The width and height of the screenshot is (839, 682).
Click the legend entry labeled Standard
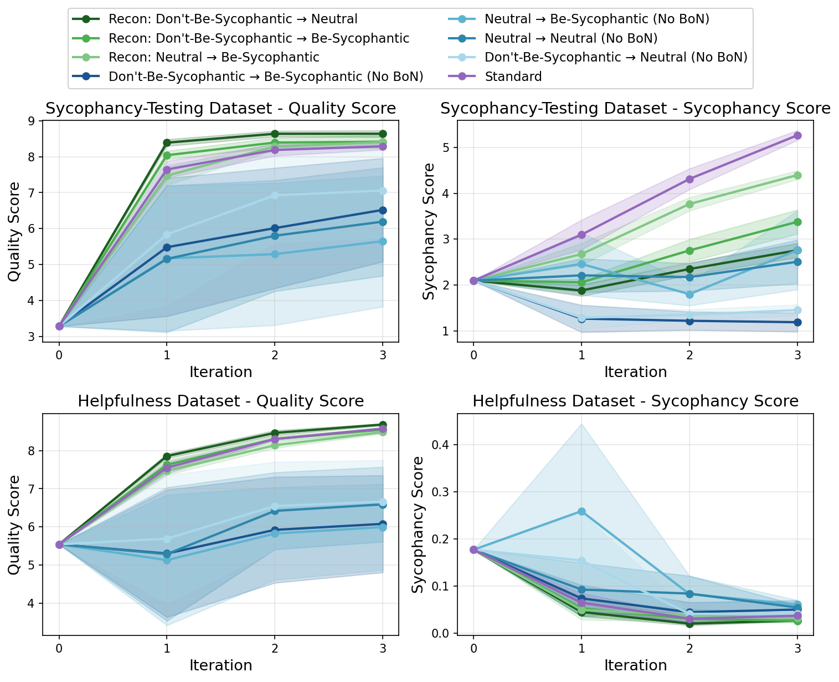513,77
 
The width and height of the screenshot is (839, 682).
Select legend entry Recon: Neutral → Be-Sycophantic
214,57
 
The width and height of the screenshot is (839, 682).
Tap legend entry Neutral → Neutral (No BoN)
570,38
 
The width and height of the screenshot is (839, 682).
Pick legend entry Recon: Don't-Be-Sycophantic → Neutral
233,19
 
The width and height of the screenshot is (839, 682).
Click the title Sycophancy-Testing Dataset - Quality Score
220,109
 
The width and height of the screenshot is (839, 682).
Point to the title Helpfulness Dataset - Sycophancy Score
635,401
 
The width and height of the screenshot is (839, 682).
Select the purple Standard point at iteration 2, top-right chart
689,179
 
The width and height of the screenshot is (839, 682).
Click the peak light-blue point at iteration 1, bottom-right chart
581,511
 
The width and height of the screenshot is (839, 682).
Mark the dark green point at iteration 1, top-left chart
167,143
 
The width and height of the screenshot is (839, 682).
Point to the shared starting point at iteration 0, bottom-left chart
59,544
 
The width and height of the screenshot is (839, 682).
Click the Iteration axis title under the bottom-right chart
635,665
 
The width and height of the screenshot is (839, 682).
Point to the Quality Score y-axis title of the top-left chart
14,231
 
